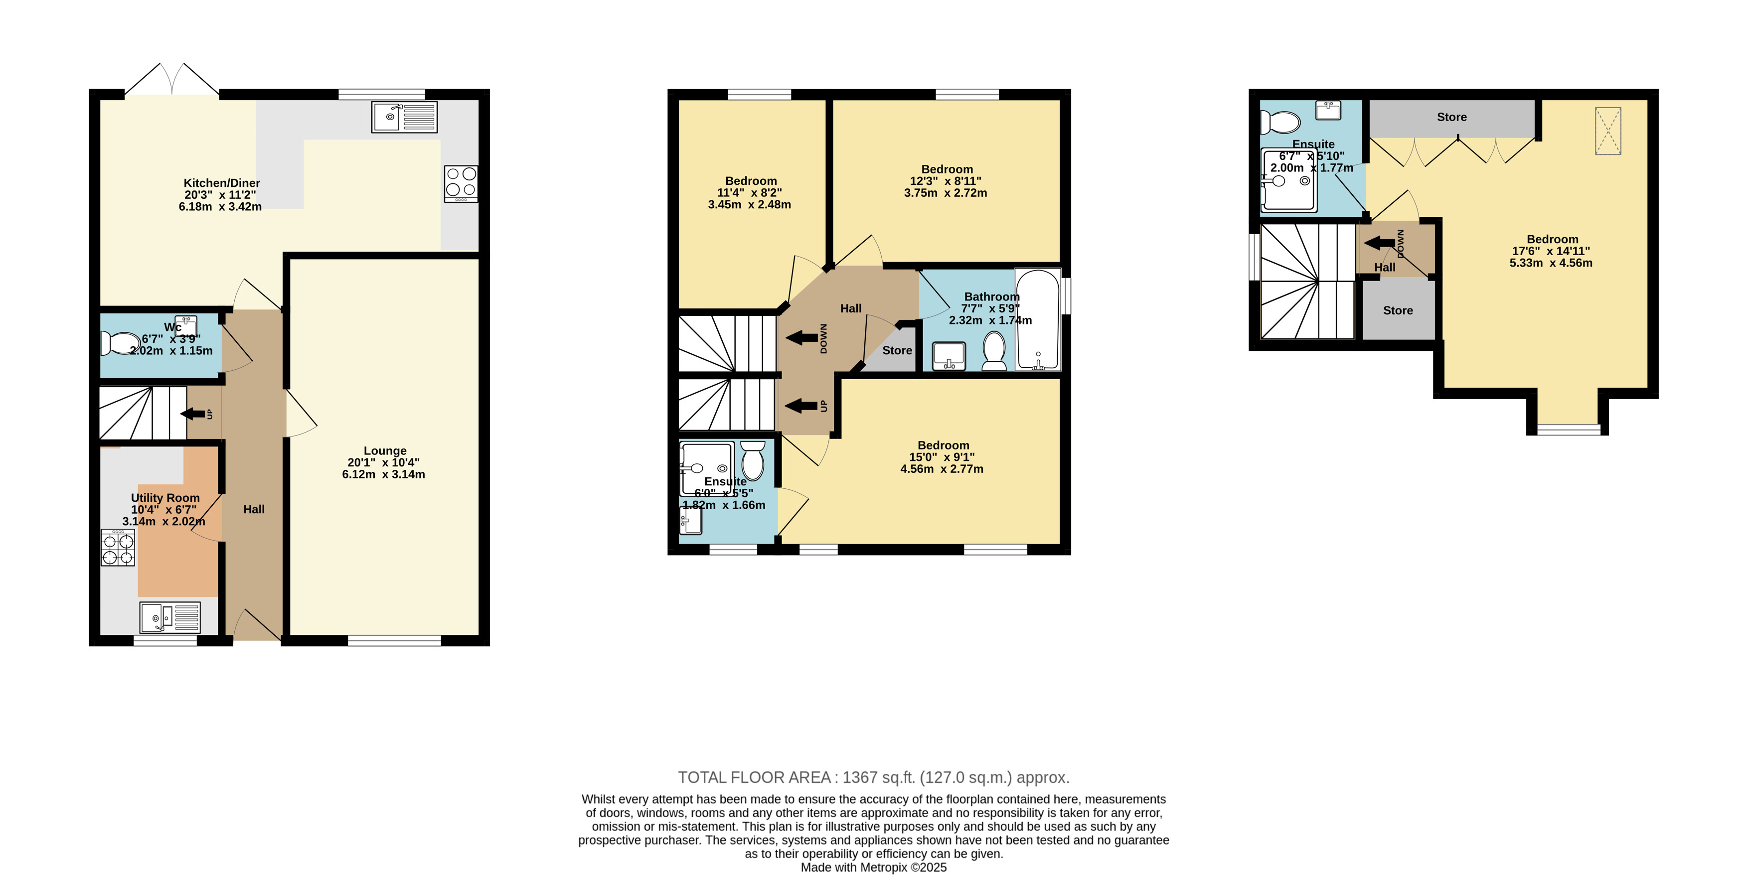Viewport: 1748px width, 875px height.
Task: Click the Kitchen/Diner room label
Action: click(222, 183)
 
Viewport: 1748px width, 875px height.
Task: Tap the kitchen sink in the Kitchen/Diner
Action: click(404, 117)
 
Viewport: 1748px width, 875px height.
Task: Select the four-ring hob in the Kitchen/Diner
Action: click(461, 184)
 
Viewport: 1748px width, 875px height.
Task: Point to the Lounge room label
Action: click(385, 451)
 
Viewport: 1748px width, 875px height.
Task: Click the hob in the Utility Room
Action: click(118, 548)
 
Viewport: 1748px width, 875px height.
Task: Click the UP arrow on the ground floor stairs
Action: click(193, 414)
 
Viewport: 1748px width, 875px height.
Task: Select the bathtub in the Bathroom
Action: click(1038, 319)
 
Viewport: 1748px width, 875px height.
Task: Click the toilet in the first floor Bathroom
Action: click(994, 351)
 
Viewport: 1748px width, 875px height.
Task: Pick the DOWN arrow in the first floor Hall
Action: click(802, 338)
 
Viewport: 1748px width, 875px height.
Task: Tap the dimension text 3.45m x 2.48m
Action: click(749, 205)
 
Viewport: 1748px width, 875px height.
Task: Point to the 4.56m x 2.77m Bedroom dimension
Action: click(942, 469)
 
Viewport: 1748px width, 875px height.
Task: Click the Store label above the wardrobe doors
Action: click(1451, 117)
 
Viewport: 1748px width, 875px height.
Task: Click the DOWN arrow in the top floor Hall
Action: click(1380, 243)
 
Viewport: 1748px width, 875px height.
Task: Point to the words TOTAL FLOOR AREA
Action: click(755, 777)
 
